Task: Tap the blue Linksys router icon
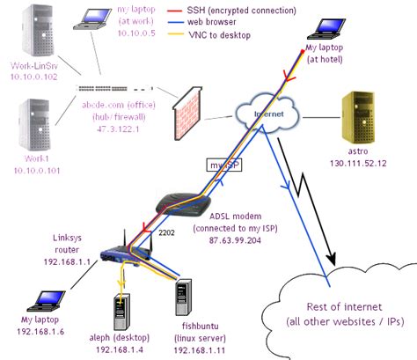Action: click(x=119, y=254)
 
